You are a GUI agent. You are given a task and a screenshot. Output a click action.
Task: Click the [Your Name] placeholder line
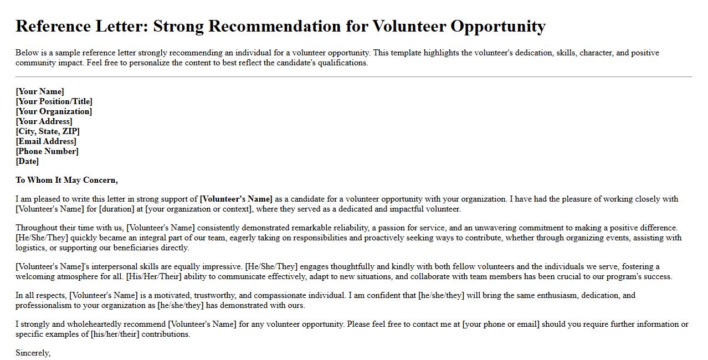(x=40, y=91)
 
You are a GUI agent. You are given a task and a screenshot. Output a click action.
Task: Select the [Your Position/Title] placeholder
(x=54, y=101)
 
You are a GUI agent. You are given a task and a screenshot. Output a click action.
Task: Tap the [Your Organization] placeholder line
(x=54, y=111)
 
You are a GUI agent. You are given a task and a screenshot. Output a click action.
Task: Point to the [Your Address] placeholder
(x=44, y=121)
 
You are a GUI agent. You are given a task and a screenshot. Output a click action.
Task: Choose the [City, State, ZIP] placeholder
(x=48, y=131)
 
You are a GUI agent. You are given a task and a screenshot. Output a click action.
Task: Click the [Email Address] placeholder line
(x=46, y=141)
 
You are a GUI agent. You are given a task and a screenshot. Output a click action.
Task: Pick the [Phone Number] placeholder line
(x=47, y=151)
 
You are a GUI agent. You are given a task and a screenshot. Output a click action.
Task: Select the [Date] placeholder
(x=27, y=161)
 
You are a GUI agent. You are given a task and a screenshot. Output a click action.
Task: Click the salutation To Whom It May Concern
(x=66, y=180)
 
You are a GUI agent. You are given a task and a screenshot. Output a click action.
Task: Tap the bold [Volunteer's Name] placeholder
(x=236, y=199)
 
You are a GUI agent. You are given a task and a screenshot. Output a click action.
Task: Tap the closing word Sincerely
(x=33, y=353)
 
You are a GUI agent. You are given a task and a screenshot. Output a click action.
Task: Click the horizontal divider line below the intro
(x=354, y=77)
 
